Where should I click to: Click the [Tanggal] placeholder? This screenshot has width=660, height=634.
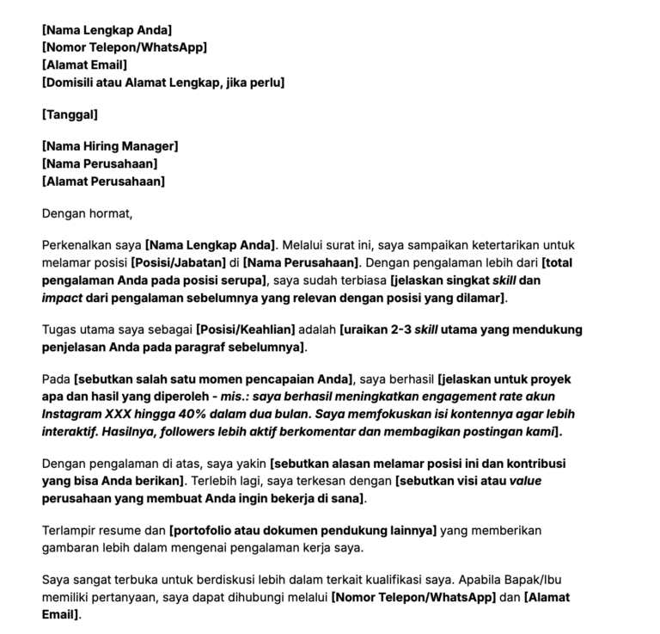(70, 114)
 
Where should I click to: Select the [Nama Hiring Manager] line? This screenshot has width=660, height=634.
(110, 147)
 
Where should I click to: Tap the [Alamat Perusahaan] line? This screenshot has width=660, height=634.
(103, 181)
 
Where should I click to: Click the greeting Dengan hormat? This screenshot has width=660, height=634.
(88, 213)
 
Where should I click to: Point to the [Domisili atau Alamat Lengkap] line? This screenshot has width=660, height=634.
(163, 82)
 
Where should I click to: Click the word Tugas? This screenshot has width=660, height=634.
(61, 329)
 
